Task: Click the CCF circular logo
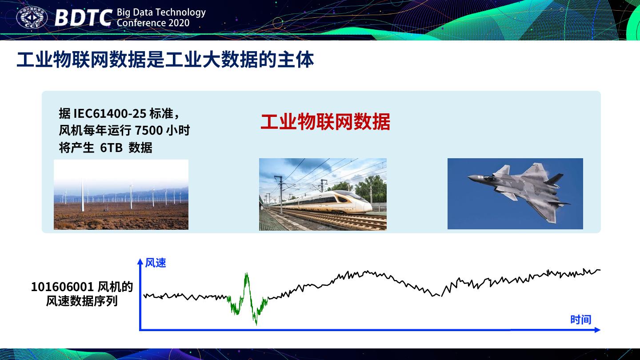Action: coord(32,18)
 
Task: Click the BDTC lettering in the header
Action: coord(83,18)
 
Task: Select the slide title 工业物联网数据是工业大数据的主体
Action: coord(165,60)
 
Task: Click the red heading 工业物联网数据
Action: coord(325,122)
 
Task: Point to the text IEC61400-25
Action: coord(110,114)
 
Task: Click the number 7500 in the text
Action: coord(148,131)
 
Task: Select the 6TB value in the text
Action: coord(111,148)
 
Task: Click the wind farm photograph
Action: coord(121,195)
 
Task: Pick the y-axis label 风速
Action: coord(156,263)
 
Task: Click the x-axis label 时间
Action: coord(580,320)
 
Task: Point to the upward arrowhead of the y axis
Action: coord(140,261)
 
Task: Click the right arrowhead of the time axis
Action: coord(597,330)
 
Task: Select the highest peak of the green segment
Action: coord(246,274)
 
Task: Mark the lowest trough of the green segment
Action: coord(256,324)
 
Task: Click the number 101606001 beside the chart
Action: coord(62,287)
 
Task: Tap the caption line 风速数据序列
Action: coord(82,301)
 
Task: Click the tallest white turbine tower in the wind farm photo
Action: coord(83,196)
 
